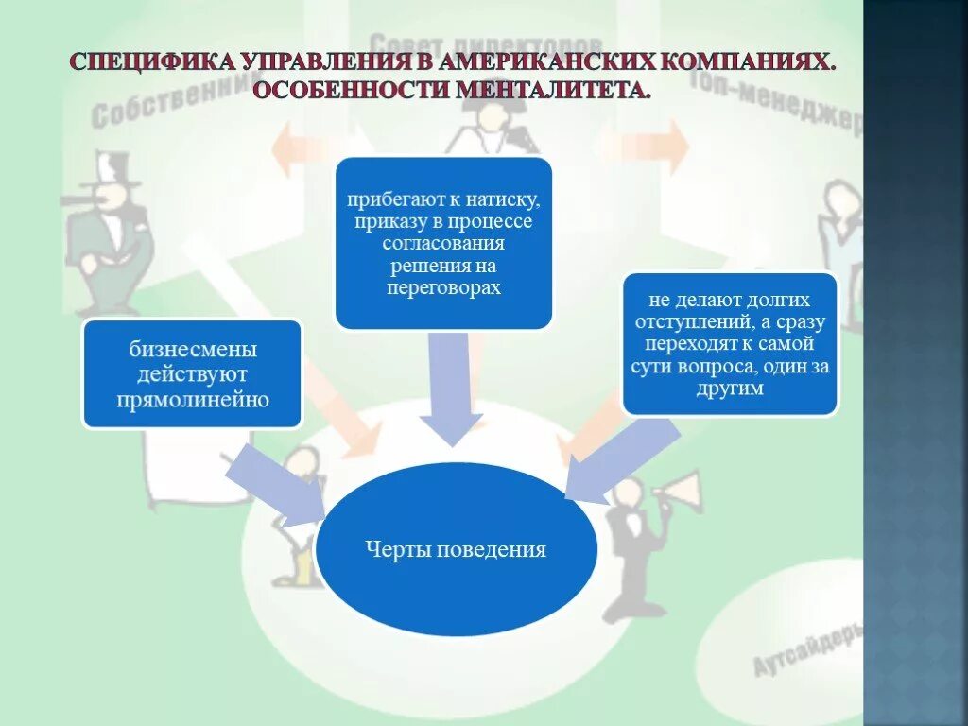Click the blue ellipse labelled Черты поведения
[457, 549]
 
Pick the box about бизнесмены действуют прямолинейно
[192, 374]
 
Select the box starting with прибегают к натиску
[443, 243]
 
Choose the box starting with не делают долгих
[729, 343]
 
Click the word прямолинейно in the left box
[193, 399]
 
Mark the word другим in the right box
[730, 389]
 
